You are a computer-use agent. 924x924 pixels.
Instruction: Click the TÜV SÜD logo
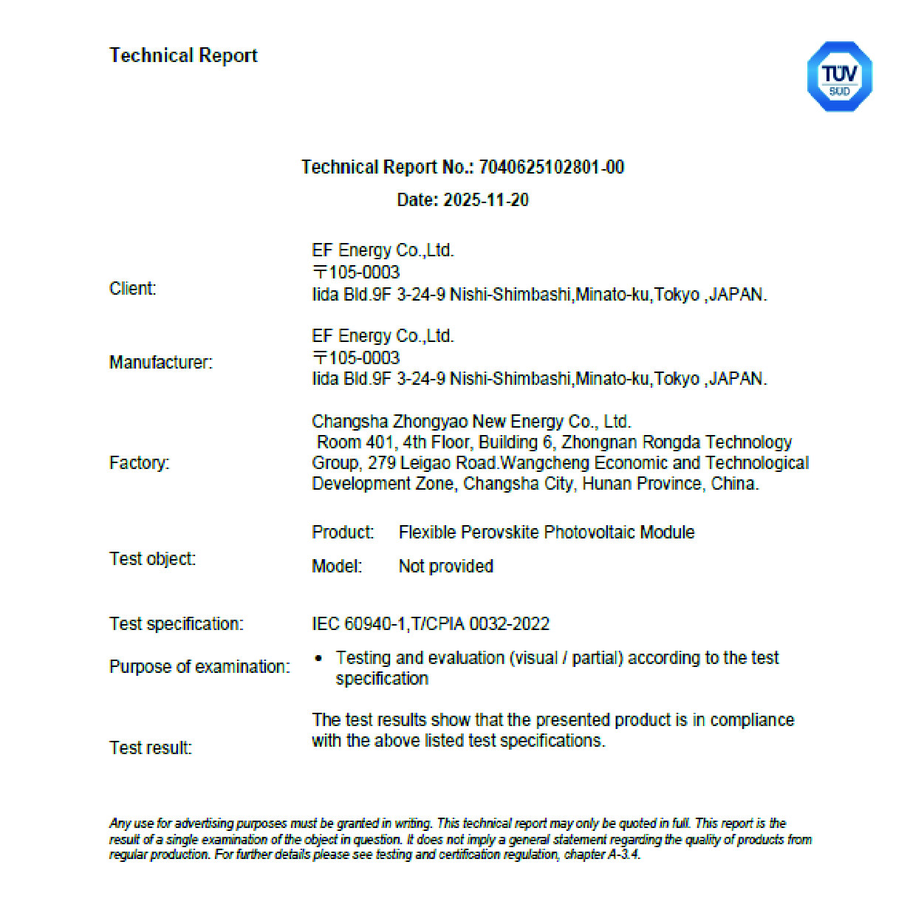pyautogui.click(x=839, y=77)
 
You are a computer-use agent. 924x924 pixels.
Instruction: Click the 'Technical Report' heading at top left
pyautogui.click(x=183, y=55)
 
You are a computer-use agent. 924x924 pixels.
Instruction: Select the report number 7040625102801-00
pyautogui.click(x=551, y=167)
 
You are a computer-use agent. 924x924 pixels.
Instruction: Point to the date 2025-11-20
pyautogui.click(x=485, y=199)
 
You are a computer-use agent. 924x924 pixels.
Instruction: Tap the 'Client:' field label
pyautogui.click(x=133, y=288)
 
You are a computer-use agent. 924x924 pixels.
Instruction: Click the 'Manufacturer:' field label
pyautogui.click(x=161, y=362)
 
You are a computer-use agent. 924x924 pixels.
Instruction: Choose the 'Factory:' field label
pyautogui.click(x=139, y=462)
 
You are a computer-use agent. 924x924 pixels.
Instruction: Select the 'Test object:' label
pyautogui.click(x=152, y=558)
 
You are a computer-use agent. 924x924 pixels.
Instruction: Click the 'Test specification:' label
pyautogui.click(x=176, y=623)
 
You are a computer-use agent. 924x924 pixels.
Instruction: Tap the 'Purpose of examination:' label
pyautogui.click(x=199, y=666)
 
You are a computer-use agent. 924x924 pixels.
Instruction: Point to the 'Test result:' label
pyautogui.click(x=151, y=747)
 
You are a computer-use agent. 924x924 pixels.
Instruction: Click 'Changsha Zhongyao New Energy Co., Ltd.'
pyautogui.click(x=471, y=422)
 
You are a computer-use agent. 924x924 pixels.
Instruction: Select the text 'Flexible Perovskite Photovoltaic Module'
pyautogui.click(x=547, y=532)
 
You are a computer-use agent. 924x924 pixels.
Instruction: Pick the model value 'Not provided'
pyautogui.click(x=446, y=566)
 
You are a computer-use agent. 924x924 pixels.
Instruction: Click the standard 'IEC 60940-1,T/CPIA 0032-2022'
pyautogui.click(x=431, y=623)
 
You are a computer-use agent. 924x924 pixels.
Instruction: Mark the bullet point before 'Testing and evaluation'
pyautogui.click(x=318, y=657)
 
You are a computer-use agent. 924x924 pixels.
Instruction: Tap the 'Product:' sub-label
pyautogui.click(x=343, y=532)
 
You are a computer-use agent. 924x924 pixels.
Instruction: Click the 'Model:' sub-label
pyautogui.click(x=337, y=566)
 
